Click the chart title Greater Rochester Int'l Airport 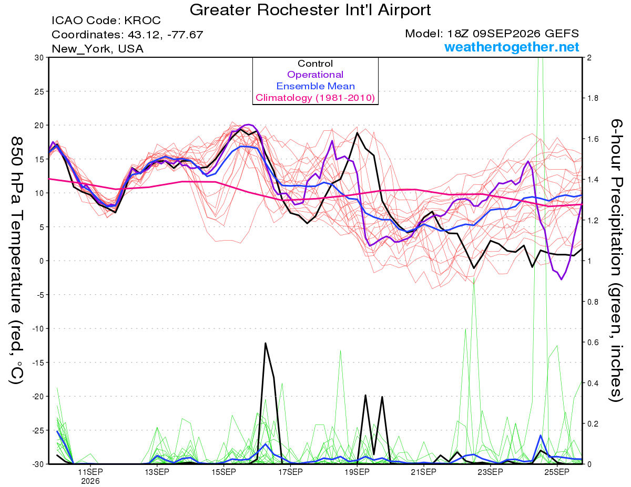click(310, 10)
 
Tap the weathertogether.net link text click(512, 47)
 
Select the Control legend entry click(315, 64)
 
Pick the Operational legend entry click(315, 75)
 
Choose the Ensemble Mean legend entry click(315, 86)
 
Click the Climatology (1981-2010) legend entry click(315, 98)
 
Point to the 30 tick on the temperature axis click(39, 58)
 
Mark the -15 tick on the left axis click(38, 362)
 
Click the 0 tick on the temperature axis click(42, 261)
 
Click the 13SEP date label click(157, 472)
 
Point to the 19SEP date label click(357, 472)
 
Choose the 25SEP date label click(557, 472)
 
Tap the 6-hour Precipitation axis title click(615, 261)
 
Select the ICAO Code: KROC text click(106, 20)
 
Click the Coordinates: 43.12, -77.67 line click(127, 35)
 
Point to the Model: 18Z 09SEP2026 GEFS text click(492, 34)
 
